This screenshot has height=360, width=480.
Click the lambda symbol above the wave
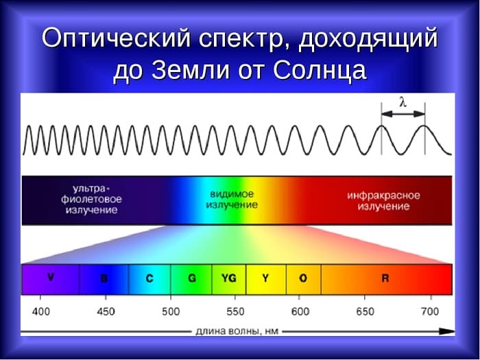[403, 103]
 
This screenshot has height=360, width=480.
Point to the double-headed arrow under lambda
[403, 115]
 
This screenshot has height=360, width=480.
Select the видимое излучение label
[233, 200]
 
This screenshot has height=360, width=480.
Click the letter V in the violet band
[51, 278]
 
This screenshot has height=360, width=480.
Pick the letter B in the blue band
[104, 278]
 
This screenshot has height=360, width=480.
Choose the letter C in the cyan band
[149, 278]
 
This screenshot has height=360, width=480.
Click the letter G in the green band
[192, 278]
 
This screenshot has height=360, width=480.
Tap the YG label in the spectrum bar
[229, 278]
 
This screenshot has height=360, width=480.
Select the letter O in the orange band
[303, 278]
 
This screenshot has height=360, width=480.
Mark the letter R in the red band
[385, 278]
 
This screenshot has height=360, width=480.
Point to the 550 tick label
[235, 311]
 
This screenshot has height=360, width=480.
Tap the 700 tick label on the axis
[431, 311]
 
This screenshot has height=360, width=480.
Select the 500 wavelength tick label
[171, 311]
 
